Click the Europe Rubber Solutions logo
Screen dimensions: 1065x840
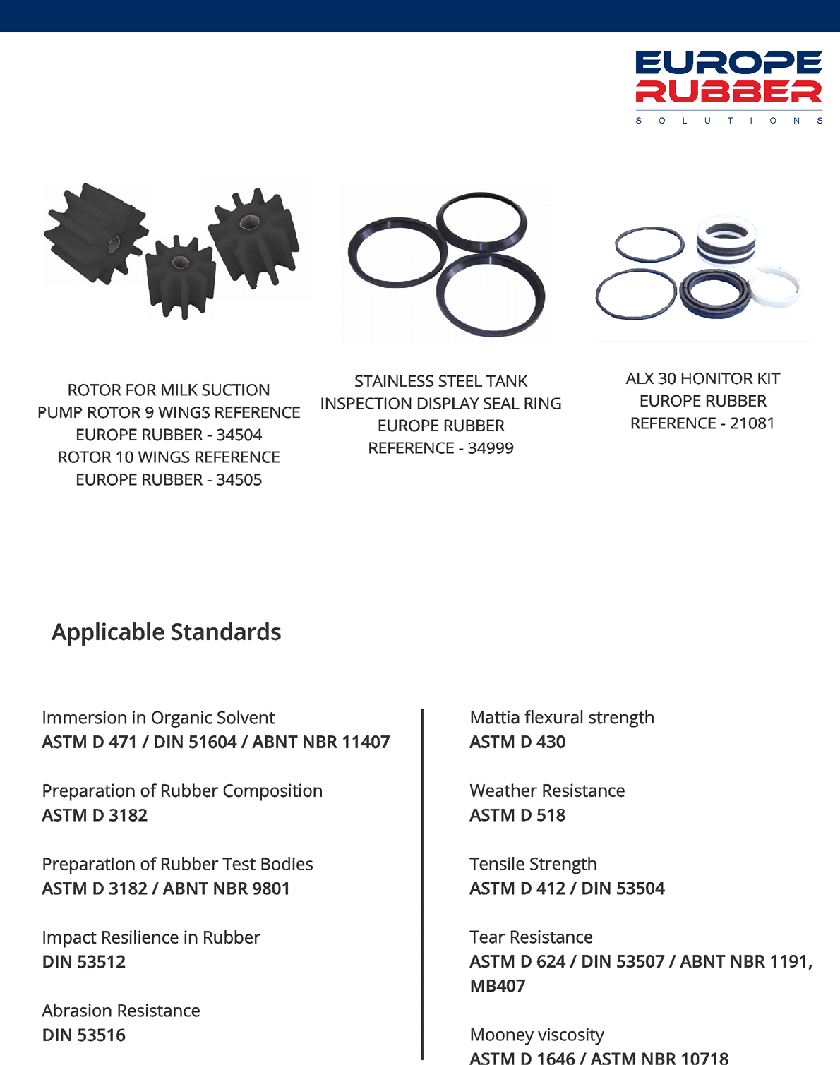728,87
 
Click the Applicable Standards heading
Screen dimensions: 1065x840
167,632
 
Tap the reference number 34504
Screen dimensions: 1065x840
239,435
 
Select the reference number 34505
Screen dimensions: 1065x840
239,480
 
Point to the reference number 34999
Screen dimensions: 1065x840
491,448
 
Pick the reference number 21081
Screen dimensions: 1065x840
752,423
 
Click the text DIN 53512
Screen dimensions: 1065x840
84,962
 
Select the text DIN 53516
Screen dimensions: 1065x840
84,1035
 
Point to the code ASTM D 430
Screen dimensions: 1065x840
517,742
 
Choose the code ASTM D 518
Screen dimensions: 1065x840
517,815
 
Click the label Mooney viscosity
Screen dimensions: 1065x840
536,1035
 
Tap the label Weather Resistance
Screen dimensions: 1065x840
547,790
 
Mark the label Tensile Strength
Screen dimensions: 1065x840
533,864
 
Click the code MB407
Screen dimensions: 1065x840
498,986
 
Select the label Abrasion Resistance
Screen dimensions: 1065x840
121,1011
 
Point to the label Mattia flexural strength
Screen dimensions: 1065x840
562,718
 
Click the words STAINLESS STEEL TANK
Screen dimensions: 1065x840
440,381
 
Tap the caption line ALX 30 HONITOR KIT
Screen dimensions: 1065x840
702,379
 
